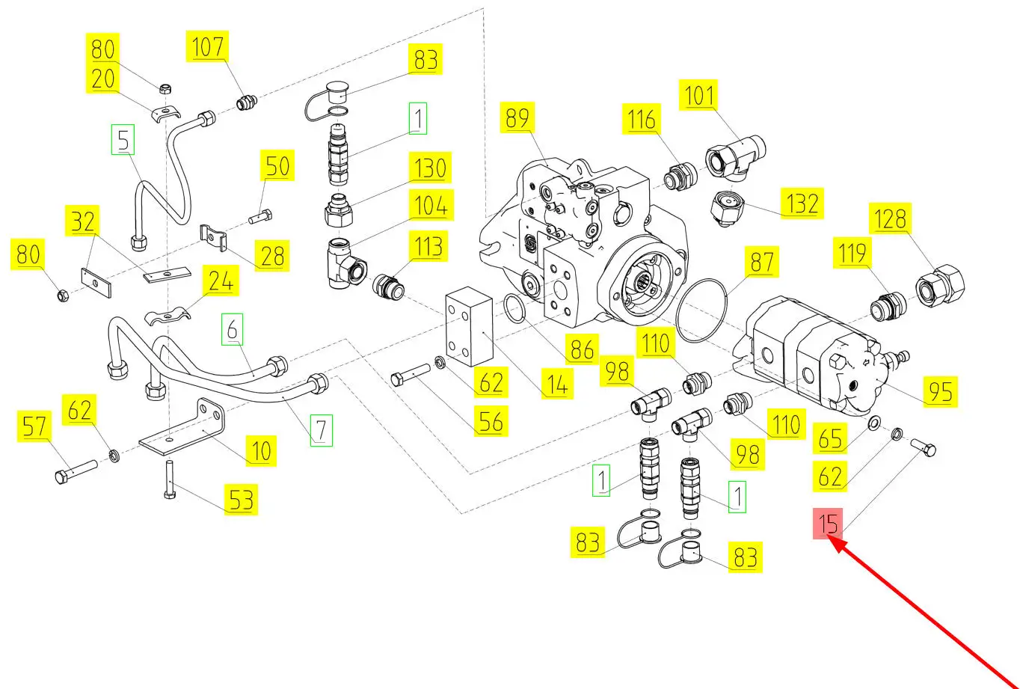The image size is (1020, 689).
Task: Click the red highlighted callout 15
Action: tap(828, 524)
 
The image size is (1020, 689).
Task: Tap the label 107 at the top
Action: tap(207, 48)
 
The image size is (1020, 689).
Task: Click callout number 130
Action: tap(430, 168)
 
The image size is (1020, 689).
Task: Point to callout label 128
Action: tap(891, 219)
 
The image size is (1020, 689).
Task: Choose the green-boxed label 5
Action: tap(123, 140)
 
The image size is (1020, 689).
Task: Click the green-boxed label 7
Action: tap(320, 429)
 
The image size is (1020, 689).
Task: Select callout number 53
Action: tap(241, 499)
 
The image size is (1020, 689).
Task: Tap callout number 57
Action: tap(34, 427)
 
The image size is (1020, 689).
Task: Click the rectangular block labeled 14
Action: tap(469, 329)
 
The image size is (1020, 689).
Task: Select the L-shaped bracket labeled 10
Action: tap(179, 432)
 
